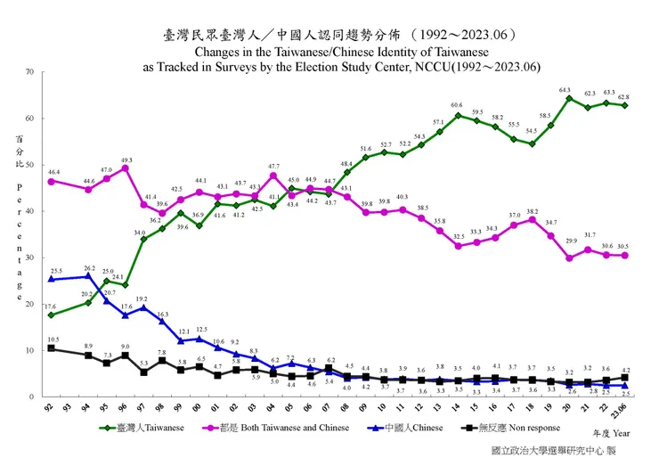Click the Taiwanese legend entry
click(x=143, y=427)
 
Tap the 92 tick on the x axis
click(x=51, y=407)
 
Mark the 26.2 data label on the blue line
click(x=89, y=268)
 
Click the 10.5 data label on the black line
click(x=53, y=340)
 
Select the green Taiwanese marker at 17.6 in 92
click(x=52, y=315)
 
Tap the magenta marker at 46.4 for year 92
click(x=52, y=181)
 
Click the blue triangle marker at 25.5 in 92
click(x=52, y=279)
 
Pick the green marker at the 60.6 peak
click(x=458, y=115)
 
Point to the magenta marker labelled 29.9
click(x=569, y=258)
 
